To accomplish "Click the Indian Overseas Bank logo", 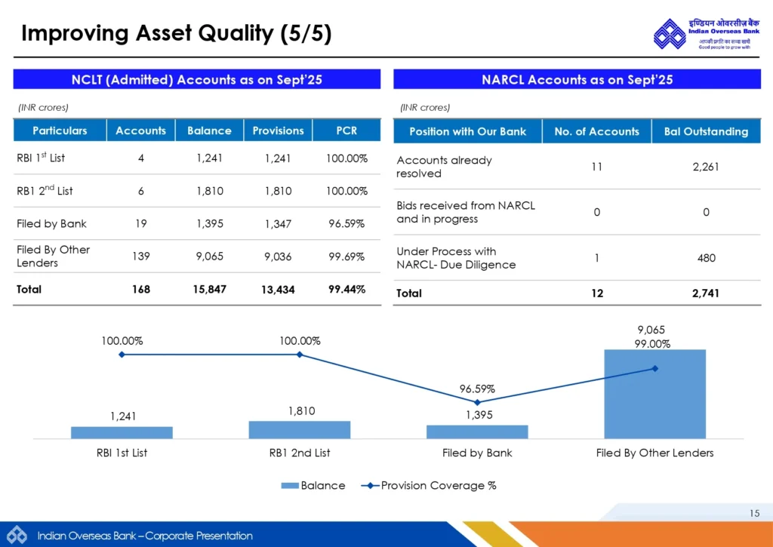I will (x=669, y=33).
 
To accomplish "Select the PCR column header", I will (x=346, y=131).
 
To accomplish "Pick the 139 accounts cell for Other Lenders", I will (x=140, y=257).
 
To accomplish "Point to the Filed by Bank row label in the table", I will (x=51, y=223).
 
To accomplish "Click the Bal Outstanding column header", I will (x=706, y=131).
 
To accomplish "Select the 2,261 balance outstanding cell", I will (x=706, y=167).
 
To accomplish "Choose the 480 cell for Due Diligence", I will (x=706, y=258).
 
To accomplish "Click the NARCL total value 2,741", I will (x=706, y=293).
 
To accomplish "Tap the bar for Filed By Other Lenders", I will (x=654, y=394).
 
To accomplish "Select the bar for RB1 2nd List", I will (x=300, y=429).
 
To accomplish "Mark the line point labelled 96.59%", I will (x=477, y=402).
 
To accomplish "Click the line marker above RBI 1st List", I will (x=122, y=354).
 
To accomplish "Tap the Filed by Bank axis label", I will (x=477, y=453).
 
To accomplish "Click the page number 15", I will (x=755, y=514).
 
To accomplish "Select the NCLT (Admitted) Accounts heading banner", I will (x=197, y=79).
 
